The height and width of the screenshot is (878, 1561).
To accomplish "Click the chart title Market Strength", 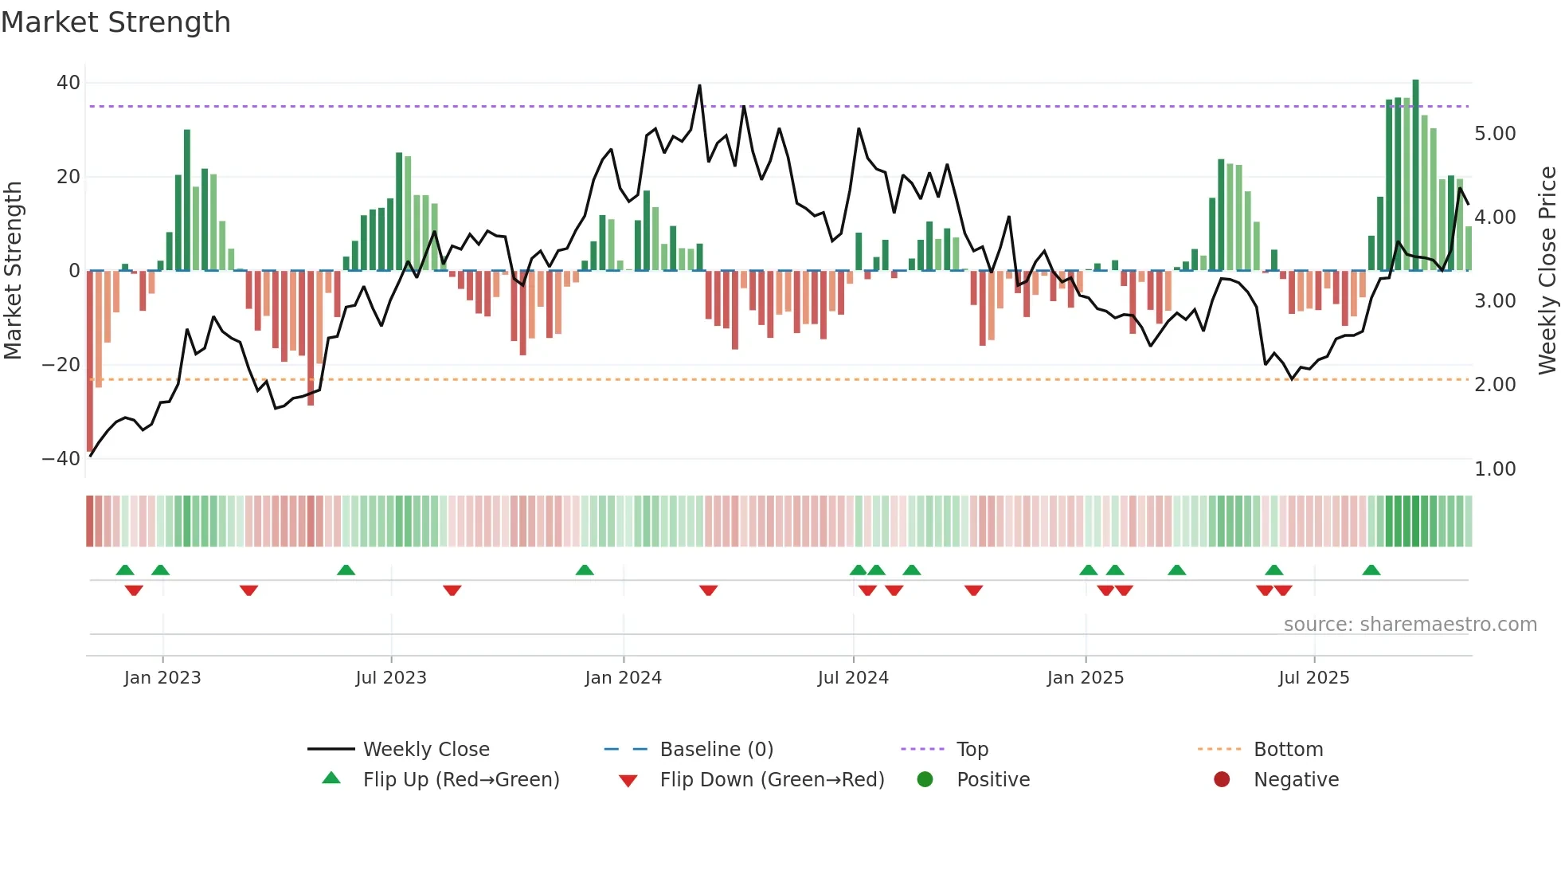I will tap(115, 22).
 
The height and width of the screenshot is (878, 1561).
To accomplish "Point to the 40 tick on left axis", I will tap(68, 83).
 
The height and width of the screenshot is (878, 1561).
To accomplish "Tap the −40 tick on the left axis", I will tap(61, 459).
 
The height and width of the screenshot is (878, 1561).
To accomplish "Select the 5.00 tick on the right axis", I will tap(1495, 134).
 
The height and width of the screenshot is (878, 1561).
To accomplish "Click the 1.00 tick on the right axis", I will tap(1495, 469).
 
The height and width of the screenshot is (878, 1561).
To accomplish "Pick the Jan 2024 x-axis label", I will tap(623, 678).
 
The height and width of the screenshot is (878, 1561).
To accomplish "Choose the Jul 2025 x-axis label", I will tap(1313, 678).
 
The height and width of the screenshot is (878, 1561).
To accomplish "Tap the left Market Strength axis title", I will tap(14, 270).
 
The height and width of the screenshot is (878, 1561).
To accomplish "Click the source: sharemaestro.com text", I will tap(1410, 625).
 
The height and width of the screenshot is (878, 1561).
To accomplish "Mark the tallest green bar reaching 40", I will tap(1415, 175).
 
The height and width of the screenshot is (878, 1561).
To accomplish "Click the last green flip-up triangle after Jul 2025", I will tap(1371, 570).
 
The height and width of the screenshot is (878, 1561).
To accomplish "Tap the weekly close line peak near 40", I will tap(699, 86).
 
